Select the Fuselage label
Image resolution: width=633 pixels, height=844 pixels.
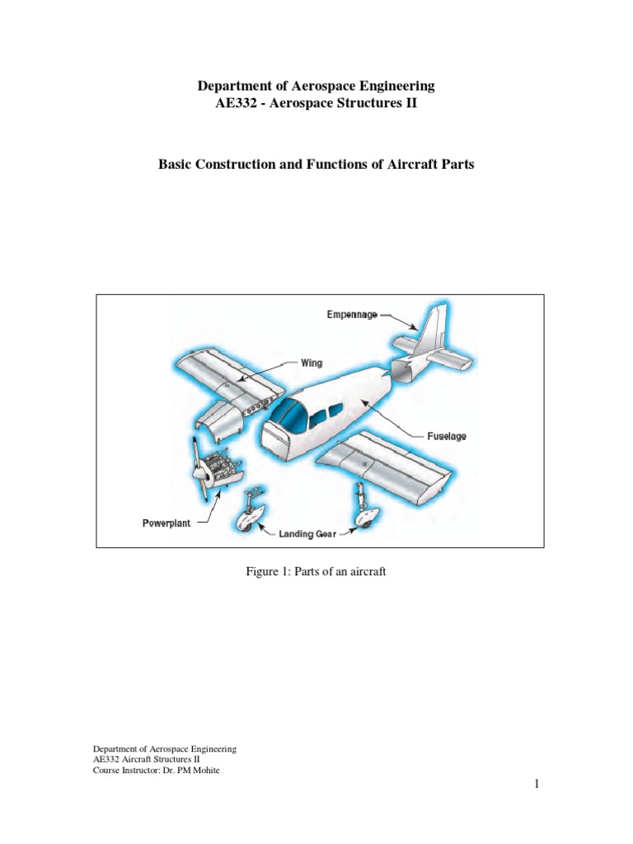pos(446,436)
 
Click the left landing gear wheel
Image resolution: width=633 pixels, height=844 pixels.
pos(249,517)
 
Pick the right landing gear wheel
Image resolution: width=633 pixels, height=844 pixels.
pos(363,517)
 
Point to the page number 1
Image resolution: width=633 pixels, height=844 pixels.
pos(535,785)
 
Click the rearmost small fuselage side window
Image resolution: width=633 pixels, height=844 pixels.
pos(334,411)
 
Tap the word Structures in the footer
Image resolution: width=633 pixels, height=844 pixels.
pos(192,759)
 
